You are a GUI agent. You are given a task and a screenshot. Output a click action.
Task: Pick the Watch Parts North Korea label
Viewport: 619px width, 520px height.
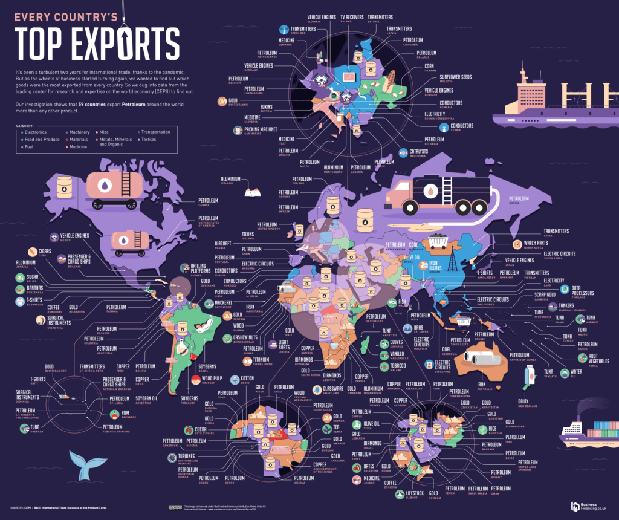pyautogui.click(x=536, y=245)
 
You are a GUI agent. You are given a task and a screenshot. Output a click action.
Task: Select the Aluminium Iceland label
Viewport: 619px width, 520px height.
pyautogui.click(x=232, y=180)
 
